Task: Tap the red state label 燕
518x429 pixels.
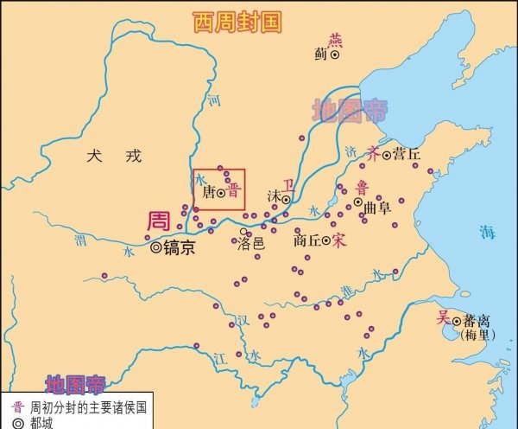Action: pyautogui.click(x=336, y=39)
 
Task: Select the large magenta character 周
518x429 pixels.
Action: pyautogui.click(x=158, y=221)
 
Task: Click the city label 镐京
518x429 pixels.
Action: pyautogui.click(x=179, y=247)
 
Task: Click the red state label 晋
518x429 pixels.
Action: pyautogui.click(x=233, y=193)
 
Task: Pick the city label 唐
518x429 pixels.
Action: pyautogui.click(x=208, y=193)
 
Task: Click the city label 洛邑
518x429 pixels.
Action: pyautogui.click(x=251, y=244)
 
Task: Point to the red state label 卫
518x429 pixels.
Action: pyautogui.click(x=287, y=183)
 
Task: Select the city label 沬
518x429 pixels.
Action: pyautogui.click(x=275, y=196)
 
